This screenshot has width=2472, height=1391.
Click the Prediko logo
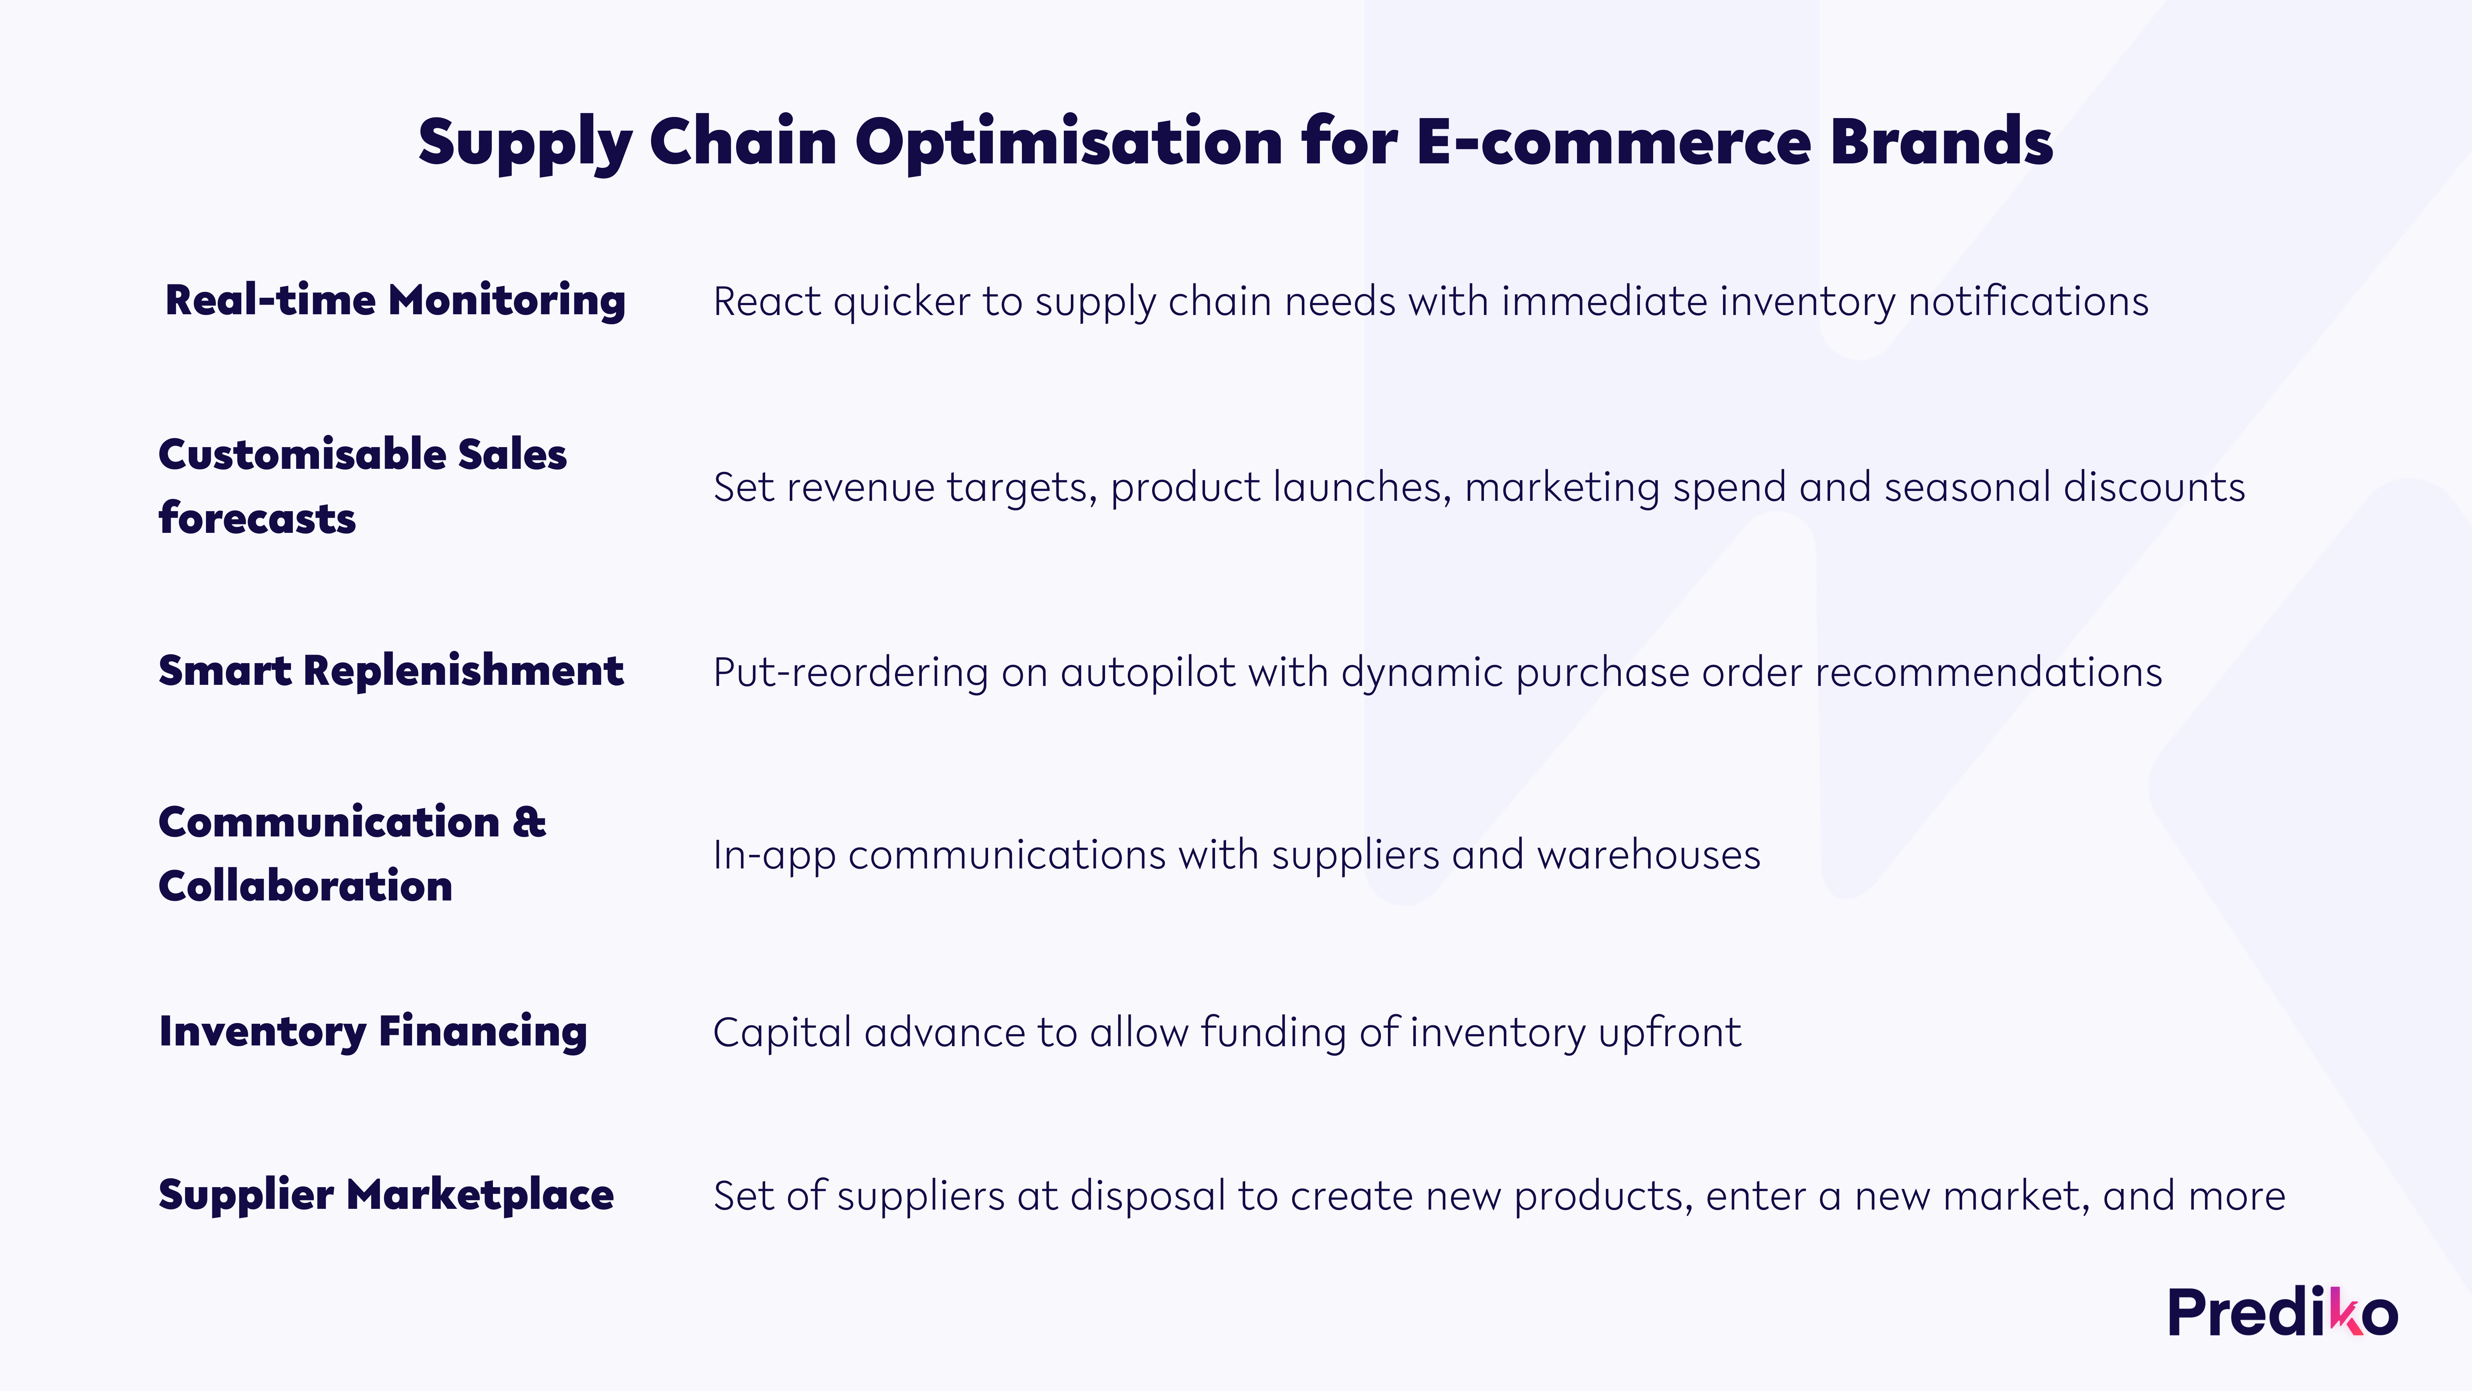click(x=2283, y=1312)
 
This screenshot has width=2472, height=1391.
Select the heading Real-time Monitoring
click(x=395, y=301)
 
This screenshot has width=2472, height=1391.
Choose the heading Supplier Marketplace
click(x=386, y=1195)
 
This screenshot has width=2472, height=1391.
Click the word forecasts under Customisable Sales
click(x=257, y=518)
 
